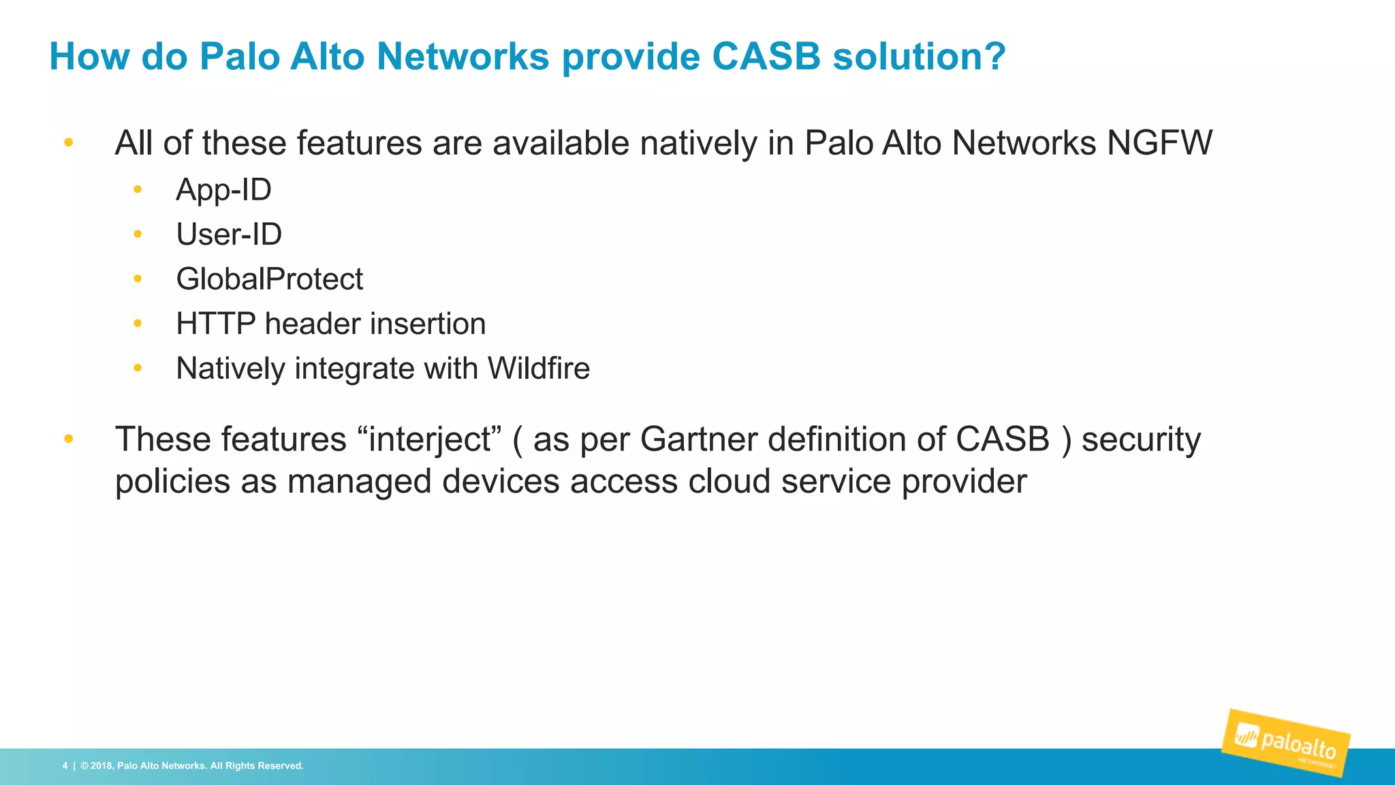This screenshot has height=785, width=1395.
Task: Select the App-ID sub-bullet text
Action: (x=223, y=189)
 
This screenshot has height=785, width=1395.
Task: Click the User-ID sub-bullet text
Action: (x=229, y=234)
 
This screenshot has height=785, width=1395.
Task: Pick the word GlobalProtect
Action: (x=269, y=279)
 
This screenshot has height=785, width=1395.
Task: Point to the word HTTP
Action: (x=215, y=324)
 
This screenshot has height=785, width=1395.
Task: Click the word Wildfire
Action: (x=538, y=369)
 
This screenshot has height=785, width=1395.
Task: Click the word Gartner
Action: (x=698, y=440)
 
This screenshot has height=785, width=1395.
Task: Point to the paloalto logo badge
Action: (x=1285, y=743)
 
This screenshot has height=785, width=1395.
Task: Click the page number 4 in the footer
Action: (x=65, y=766)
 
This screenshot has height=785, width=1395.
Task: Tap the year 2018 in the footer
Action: (x=101, y=766)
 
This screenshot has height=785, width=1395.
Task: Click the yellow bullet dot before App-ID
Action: (x=138, y=189)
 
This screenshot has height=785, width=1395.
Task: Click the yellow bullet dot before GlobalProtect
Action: (x=138, y=279)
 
